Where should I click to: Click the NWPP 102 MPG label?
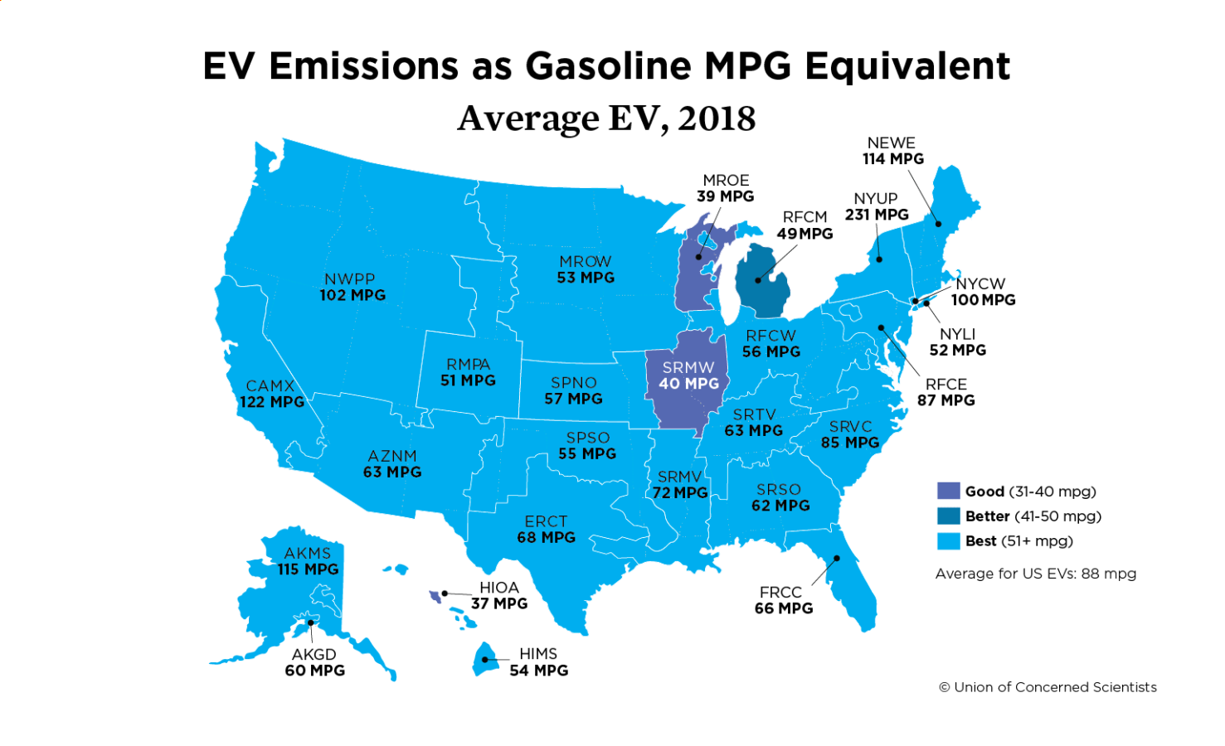pyautogui.click(x=352, y=287)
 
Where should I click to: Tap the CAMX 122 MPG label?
pyautogui.click(x=272, y=394)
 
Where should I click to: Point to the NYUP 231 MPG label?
pyautogui.click(x=877, y=206)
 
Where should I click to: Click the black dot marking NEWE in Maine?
pyautogui.click(x=939, y=223)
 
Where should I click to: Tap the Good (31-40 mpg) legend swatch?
pyautogui.click(x=948, y=491)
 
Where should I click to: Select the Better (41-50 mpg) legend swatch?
pyautogui.click(x=948, y=516)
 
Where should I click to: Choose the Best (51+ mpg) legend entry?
pyautogui.click(x=1004, y=540)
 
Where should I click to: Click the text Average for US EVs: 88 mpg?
pyautogui.click(x=1035, y=574)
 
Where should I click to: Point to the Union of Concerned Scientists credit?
pyautogui.click(x=1048, y=687)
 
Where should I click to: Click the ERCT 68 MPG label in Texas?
pyautogui.click(x=546, y=529)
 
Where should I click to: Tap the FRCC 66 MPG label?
pyautogui.click(x=783, y=600)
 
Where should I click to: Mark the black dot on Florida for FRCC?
pyautogui.click(x=837, y=558)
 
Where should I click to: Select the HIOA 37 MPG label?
pyautogui.click(x=499, y=595)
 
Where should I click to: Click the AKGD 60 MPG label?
pyautogui.click(x=314, y=662)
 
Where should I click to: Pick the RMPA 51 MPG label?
pyautogui.click(x=468, y=372)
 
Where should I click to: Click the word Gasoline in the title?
pyautogui.click(x=609, y=66)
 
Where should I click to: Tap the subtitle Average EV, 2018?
pyautogui.click(x=606, y=119)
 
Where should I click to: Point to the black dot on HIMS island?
pyautogui.click(x=485, y=660)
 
